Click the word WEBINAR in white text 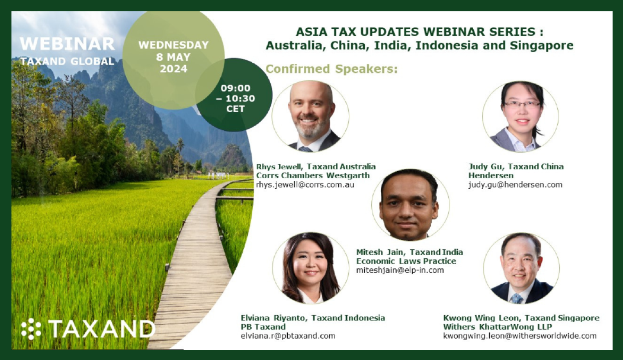(x=67, y=44)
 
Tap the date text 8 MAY (x=174, y=57)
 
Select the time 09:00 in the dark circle (x=236, y=88)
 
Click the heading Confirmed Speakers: (x=332, y=69)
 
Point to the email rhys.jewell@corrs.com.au (x=305, y=185)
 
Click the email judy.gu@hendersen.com (x=515, y=185)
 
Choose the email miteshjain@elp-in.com (x=400, y=270)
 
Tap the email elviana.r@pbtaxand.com (x=288, y=336)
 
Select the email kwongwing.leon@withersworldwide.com (x=520, y=336)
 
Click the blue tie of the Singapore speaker (x=516, y=298)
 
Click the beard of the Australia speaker (x=311, y=128)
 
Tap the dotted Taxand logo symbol (x=31, y=329)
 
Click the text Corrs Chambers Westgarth (x=313, y=176)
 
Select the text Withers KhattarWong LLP (x=497, y=327)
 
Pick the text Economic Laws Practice (x=406, y=261)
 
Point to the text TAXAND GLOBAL (x=67, y=61)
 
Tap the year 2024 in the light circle (x=174, y=69)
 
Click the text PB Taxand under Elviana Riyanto (x=263, y=327)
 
